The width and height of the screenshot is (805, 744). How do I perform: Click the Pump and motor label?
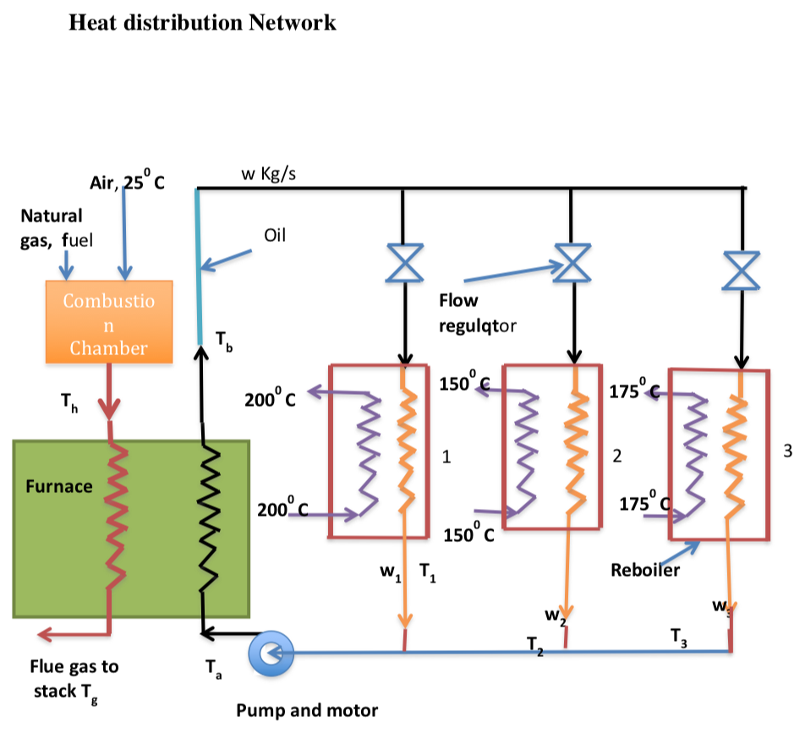coord(307,710)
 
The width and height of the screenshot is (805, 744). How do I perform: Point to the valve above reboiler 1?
coord(404,261)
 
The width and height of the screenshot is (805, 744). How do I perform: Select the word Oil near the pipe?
coord(276,236)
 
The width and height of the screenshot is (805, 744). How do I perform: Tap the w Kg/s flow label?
coord(268,174)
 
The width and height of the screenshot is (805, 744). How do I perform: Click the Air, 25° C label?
coord(127,182)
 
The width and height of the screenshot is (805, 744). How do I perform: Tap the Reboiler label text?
coord(645,571)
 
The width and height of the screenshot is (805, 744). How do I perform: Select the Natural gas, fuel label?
coord(52,228)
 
